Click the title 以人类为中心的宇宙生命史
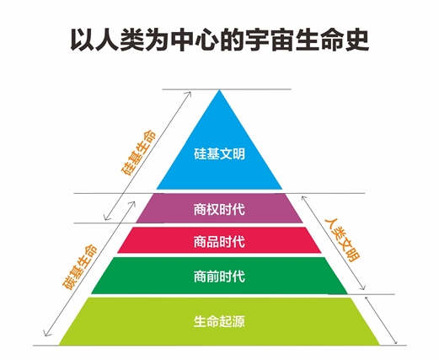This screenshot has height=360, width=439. [219, 40]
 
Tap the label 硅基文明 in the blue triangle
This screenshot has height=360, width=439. [219, 153]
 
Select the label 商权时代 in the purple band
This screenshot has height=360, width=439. [219, 209]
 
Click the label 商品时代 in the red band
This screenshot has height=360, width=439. [219, 242]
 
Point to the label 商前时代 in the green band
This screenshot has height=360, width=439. [219, 277]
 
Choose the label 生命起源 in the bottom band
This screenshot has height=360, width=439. [219, 321]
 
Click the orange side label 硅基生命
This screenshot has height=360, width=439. [138, 153]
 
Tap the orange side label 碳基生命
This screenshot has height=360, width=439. [79, 267]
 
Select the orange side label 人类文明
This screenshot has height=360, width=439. [342, 239]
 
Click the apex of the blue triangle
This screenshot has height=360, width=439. [219, 89]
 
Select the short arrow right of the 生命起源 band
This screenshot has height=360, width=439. [381, 320]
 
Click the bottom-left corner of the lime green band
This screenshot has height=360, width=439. [59, 345]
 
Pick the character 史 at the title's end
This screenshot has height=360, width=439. [357, 40]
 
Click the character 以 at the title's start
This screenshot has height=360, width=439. [82, 40]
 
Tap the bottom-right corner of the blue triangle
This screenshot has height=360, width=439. [282, 189]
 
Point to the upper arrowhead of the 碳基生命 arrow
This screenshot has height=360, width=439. [134, 202]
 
